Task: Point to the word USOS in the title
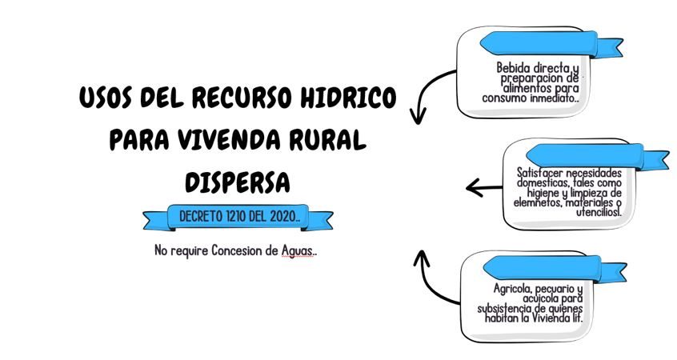(x=108, y=99)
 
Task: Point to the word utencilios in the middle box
(x=592, y=212)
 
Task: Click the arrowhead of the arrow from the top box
(x=415, y=118)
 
